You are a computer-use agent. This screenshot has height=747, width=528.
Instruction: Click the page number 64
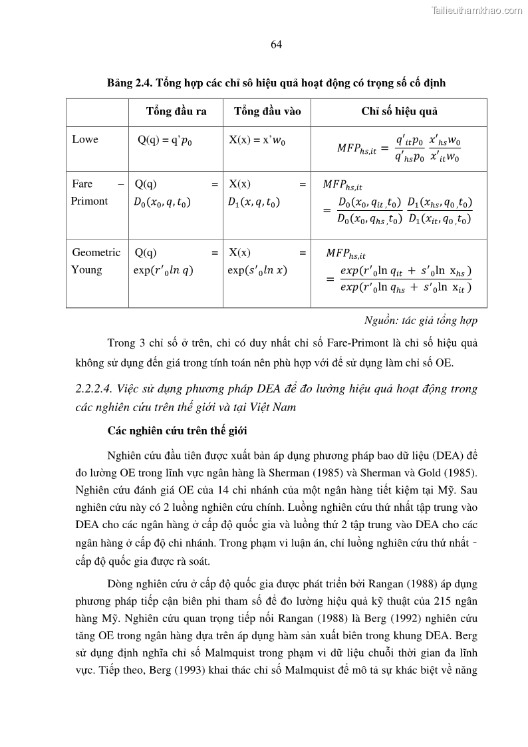277,45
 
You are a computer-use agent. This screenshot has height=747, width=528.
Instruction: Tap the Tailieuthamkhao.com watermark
477,10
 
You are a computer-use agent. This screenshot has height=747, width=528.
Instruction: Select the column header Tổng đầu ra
176,111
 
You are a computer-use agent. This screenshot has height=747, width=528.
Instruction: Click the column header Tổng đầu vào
267,111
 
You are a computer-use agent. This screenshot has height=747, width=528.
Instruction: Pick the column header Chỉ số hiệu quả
399,111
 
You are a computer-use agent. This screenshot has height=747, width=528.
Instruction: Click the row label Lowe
85,139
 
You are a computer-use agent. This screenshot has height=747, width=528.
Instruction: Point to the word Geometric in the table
96,252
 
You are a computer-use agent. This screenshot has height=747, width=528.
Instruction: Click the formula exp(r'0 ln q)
164,270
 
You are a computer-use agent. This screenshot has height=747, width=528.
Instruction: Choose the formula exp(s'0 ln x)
257,270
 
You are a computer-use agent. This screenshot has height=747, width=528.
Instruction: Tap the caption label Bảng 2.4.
130,82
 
